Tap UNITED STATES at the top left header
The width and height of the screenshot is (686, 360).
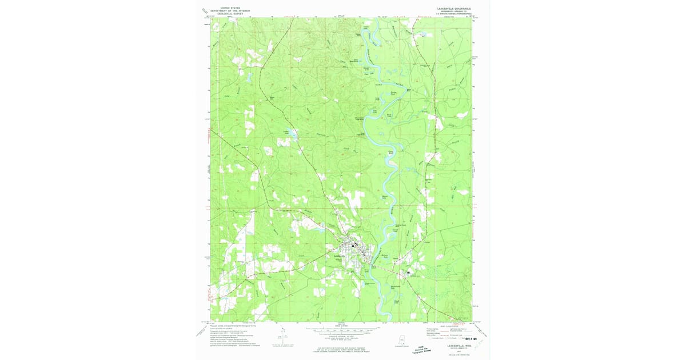[x=231, y=7]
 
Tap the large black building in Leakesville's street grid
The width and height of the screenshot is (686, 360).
[x=353, y=245]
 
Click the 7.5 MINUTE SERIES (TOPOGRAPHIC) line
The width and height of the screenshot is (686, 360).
[x=452, y=15]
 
